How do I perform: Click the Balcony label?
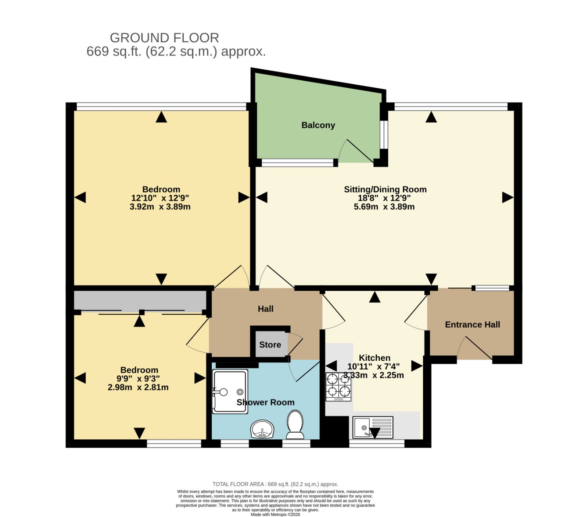(x=318, y=125)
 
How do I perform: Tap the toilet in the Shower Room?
(x=295, y=425)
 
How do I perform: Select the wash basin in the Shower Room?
(x=262, y=429)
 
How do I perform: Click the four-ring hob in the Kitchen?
(x=338, y=387)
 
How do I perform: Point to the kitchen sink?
(x=373, y=427)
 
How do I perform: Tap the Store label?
(x=270, y=345)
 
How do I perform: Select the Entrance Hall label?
(x=473, y=325)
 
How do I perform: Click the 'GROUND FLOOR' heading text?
(x=164, y=38)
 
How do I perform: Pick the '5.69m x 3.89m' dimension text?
(x=384, y=207)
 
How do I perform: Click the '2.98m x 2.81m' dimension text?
(x=138, y=387)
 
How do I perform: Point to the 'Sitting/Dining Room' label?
(x=385, y=190)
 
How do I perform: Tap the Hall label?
(x=266, y=309)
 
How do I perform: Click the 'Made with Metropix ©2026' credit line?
(x=275, y=514)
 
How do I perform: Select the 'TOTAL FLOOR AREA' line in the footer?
(x=275, y=484)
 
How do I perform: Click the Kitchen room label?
(x=374, y=358)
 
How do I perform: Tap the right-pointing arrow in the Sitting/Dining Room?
(x=508, y=198)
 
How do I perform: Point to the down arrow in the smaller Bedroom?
(x=139, y=433)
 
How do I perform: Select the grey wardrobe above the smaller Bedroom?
(x=140, y=301)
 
